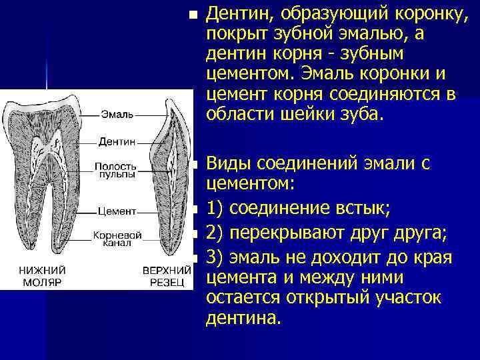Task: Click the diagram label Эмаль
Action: [117, 114]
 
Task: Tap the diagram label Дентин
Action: [117, 141]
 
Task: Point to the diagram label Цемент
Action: [117, 211]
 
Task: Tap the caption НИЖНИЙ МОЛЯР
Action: [41, 276]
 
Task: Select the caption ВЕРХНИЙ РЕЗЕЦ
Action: [163, 276]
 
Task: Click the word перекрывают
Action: [297, 234]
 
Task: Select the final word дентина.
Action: [239, 319]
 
